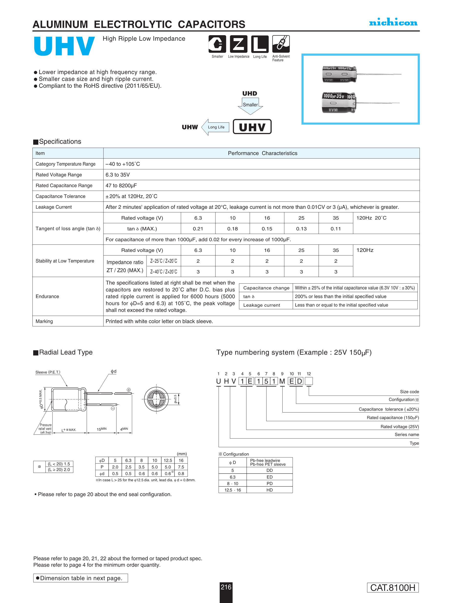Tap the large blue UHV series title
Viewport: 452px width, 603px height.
pos(64,46)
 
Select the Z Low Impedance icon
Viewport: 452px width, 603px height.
pos(238,44)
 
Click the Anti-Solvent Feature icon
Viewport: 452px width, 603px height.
pos(281,44)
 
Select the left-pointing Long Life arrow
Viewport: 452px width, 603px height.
pos(215,127)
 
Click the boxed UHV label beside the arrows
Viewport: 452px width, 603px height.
pos(252,127)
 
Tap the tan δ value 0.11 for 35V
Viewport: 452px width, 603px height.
pos(336,229)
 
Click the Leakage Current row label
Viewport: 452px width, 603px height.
pos(54,207)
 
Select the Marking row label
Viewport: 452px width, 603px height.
pos(44,321)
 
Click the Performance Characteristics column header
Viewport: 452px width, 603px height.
pos(262,153)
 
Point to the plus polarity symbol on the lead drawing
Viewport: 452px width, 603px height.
pos(129,390)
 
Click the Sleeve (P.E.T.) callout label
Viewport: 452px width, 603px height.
pos(48,372)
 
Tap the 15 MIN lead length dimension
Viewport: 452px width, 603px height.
pos(102,429)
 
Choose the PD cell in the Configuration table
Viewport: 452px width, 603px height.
pos(269,483)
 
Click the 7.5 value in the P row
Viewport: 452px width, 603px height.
pos(181,467)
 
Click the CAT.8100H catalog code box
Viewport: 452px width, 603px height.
pos(393,588)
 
